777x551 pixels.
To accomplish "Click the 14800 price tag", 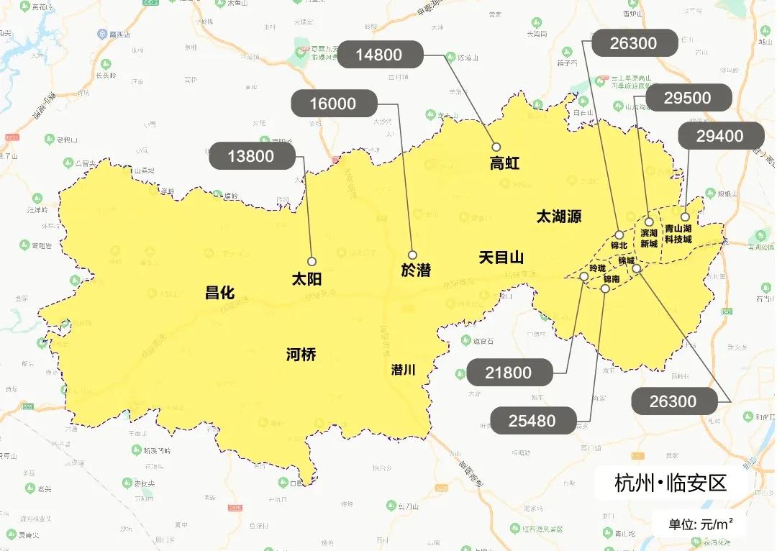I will point(378,55).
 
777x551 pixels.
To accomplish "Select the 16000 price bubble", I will point(333,104).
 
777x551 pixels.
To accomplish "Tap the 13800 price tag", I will point(251,156).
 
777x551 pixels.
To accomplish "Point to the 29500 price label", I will point(688,99).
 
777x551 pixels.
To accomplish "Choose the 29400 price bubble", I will point(720,136).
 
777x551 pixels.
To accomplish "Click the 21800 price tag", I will point(509,373).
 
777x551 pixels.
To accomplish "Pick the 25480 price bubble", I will point(532,421).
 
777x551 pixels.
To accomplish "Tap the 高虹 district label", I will point(504,164).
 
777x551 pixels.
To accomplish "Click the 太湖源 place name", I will point(559,216).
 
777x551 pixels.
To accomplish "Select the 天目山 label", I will point(501,258).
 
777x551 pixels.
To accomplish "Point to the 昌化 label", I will point(219,292).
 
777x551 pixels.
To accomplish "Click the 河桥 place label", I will point(301,354).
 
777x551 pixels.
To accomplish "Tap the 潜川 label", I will point(404,370).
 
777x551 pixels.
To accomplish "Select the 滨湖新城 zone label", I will point(649,238).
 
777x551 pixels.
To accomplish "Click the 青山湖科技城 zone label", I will point(678,234).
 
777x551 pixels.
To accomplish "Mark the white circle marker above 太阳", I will point(312,262).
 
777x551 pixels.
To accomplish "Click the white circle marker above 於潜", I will point(412,255).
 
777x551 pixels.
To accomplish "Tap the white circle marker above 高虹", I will point(496,147).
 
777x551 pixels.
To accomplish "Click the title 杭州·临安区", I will point(671,483).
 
